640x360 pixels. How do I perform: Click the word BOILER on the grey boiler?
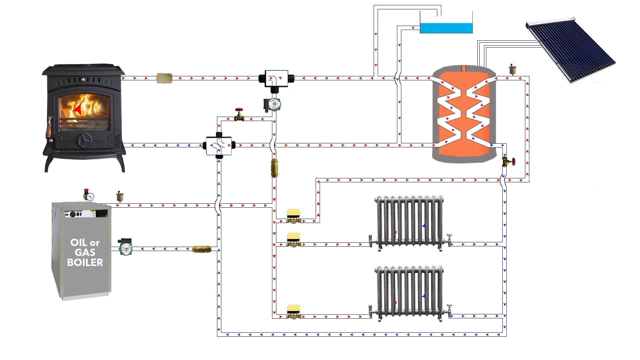[x=85, y=263]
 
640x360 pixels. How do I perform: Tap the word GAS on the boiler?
[x=85, y=252]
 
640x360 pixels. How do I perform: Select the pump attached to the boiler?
[x=125, y=247]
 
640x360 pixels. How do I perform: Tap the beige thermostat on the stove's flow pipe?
[x=164, y=78]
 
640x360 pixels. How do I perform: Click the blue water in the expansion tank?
[x=446, y=28]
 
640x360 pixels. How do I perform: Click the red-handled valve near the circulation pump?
[x=239, y=114]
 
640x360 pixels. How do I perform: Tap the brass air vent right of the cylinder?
[x=512, y=70]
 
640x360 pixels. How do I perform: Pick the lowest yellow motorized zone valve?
[x=294, y=311]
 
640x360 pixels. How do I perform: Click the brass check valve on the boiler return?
[x=202, y=249]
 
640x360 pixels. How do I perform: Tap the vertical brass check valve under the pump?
[x=274, y=168]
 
